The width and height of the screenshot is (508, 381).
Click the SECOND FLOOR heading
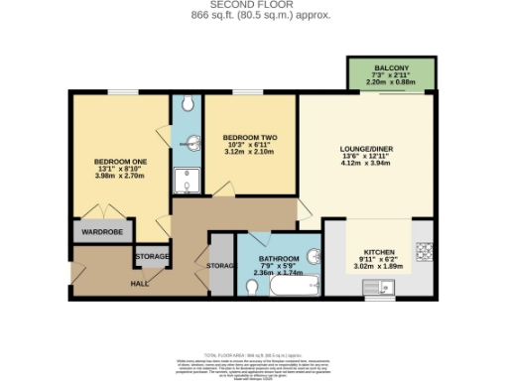pyautogui.click(x=253, y=5)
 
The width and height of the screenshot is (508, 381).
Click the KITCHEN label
pyautogui.click(x=380, y=252)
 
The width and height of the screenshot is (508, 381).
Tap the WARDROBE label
pyautogui.click(x=101, y=233)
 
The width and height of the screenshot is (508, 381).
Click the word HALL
pyautogui.click(x=140, y=283)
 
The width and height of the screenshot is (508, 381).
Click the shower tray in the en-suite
pyautogui.click(x=185, y=180)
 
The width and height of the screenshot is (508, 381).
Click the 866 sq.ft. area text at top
pyautogui.click(x=253, y=16)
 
